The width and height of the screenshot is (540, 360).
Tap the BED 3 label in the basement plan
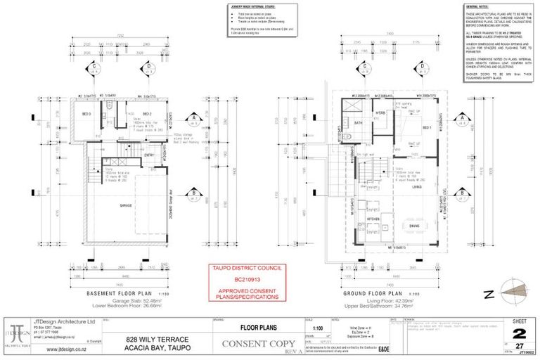(x=86, y=114)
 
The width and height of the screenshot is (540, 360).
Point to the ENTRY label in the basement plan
(x=148, y=155)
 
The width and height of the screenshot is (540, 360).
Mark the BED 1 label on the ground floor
(x=426, y=127)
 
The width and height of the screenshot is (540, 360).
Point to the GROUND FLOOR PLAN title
(x=371, y=292)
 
